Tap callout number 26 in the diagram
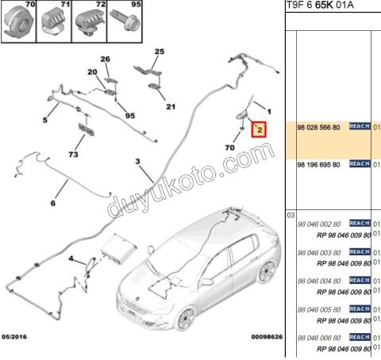(105, 59)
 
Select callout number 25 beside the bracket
(158, 52)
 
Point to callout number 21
(170, 107)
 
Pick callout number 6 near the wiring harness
(54, 203)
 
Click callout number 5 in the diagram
(45, 120)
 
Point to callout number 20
(92, 72)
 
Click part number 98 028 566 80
(317, 127)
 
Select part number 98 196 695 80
(317, 164)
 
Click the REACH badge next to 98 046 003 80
(360, 251)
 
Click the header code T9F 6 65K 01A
(320, 6)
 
